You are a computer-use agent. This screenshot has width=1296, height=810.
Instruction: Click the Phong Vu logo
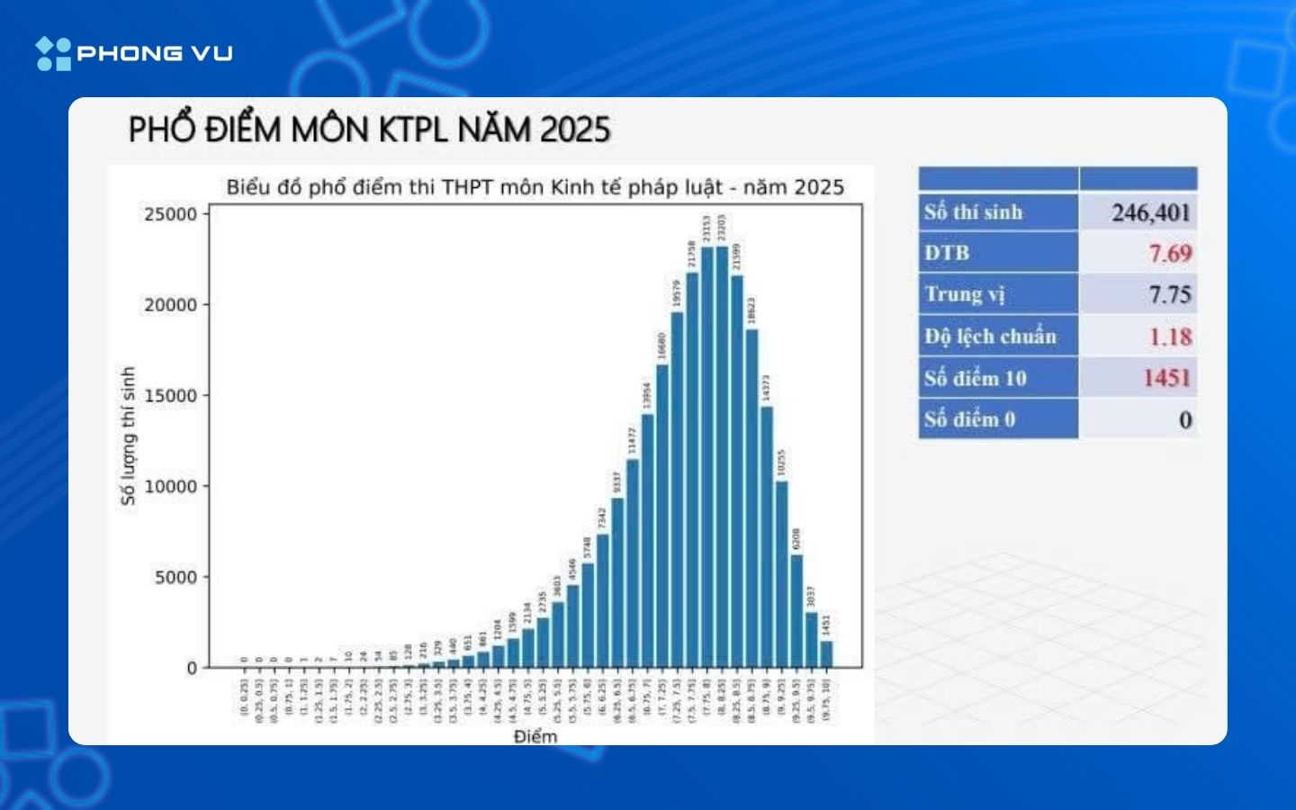tap(134, 53)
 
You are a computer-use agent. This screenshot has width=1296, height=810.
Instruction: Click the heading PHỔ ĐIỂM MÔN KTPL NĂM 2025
tap(369, 130)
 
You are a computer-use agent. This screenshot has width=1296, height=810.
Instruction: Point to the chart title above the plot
tap(535, 187)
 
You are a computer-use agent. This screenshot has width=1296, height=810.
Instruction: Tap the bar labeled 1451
tap(826, 654)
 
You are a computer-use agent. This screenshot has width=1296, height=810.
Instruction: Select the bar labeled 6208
tap(796, 611)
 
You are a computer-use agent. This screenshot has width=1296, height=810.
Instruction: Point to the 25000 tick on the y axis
tap(170, 214)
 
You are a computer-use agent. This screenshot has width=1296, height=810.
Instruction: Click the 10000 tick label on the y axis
tap(170, 486)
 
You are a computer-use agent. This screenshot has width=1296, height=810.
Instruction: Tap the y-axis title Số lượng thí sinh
tap(128, 436)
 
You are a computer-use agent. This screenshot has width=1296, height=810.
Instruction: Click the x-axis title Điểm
tap(535, 736)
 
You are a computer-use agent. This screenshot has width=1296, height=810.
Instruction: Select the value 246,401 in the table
tap(1150, 212)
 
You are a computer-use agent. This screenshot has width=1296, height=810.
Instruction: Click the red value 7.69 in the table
tap(1170, 254)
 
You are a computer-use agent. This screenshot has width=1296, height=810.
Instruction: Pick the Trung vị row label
tap(964, 294)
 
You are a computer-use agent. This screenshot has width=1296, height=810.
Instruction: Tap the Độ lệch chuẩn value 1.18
tap(1170, 337)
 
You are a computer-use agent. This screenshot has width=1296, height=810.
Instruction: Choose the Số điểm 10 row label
tap(975, 378)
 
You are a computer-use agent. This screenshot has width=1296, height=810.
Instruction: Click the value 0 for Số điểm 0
tap(1184, 419)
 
